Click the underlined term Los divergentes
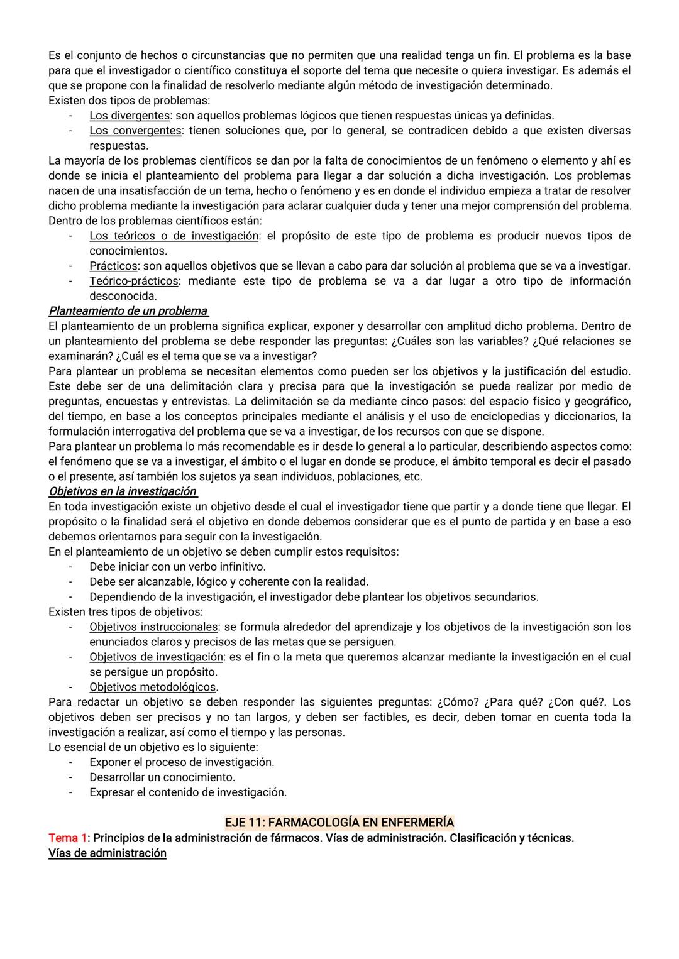pos(130,116)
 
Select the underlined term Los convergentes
pos(135,131)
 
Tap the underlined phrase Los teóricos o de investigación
pos(174,236)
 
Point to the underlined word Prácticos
pos(113,266)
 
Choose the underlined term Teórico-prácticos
pos(134,281)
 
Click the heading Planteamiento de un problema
pos(128,311)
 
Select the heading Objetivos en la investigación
pos(123,491)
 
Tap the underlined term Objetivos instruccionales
pos(153,627)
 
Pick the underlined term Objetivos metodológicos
pos(153,687)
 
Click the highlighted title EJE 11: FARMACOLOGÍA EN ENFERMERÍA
pos(339,823)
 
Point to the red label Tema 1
pos(67,838)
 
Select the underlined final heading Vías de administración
pos(108,853)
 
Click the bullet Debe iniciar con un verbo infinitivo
pos(177,567)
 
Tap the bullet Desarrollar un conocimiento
pos(162,777)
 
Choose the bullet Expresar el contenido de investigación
pos(187,792)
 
